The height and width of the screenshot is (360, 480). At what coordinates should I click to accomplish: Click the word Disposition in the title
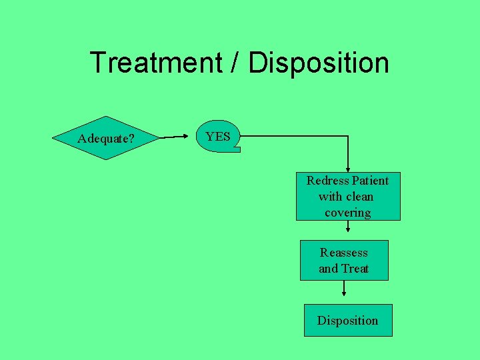coord(318,63)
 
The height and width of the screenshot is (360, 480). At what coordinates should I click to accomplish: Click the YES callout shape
coord(218,137)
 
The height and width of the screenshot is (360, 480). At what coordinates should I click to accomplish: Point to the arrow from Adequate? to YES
coord(175,137)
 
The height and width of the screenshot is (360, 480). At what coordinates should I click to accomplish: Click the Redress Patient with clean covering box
coord(348,196)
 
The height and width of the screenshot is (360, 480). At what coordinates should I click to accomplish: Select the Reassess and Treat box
coord(344,260)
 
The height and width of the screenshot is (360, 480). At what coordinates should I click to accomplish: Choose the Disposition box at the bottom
coord(348,321)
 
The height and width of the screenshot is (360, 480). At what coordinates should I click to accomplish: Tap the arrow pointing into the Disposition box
coord(344,289)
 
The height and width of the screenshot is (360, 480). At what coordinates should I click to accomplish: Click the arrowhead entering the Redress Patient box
coord(348,169)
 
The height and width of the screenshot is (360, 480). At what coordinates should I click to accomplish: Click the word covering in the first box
coord(348,213)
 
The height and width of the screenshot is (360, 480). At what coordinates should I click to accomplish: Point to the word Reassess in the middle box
coord(344,253)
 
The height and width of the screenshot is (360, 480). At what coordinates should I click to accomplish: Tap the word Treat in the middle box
coord(355,269)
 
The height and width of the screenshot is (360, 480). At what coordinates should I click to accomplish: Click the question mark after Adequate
coord(131,139)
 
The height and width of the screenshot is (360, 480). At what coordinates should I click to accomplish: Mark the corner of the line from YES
coord(348,136)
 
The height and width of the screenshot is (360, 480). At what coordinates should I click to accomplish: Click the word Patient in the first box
coord(371,180)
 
